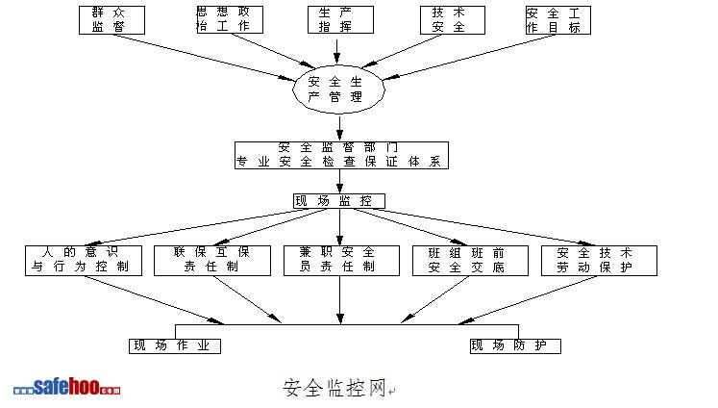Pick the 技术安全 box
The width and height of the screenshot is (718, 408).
449,19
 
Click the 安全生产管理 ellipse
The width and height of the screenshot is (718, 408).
338,89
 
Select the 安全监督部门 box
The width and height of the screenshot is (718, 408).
340,155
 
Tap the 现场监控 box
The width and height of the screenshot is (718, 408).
338,201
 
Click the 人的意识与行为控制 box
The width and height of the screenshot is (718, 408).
83,260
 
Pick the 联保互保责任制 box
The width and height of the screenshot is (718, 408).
202,260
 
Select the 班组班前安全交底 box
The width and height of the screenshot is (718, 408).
466,260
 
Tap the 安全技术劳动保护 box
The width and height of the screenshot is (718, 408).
599,260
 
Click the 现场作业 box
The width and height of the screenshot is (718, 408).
175,345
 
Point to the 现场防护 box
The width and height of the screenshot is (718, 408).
514,345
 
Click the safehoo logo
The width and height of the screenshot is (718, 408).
67,387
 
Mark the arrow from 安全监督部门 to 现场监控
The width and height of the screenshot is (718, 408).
339,182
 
